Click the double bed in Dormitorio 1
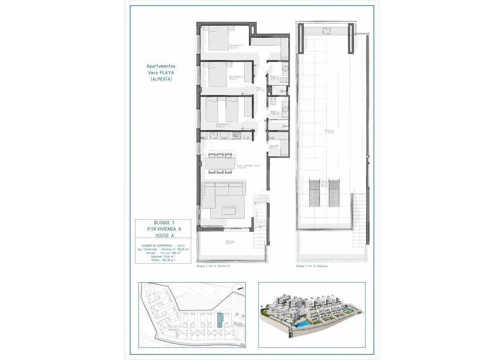pos(217,38)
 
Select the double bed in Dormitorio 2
pos(217,75)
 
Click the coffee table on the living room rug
pos(228,210)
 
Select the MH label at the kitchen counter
pos(203,139)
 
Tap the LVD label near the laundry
pos(271,139)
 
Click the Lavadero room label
pos(274,146)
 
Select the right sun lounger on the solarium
pos(335,193)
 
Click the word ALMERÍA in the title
pos(161,79)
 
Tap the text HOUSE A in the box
pos(162,236)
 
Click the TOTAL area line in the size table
pos(163,260)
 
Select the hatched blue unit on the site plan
pos(220,321)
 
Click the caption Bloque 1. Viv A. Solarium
pos(312,266)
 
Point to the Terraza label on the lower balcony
pos(230,241)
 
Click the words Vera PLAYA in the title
pos(161,72)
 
